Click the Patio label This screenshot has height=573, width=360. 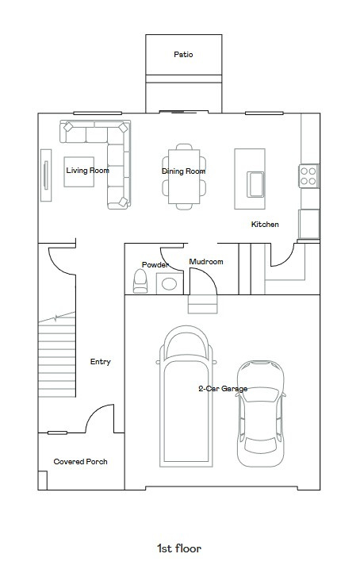click(183, 55)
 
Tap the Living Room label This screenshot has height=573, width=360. click(86, 170)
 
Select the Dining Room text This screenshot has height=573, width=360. click(183, 171)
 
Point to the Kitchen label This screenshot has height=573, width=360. click(265, 225)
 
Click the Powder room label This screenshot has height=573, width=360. click(154, 264)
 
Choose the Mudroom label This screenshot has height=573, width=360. click(205, 262)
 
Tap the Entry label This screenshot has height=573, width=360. click(100, 362)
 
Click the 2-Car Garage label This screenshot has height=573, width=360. click(223, 389)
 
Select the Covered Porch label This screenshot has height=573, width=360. click(80, 462)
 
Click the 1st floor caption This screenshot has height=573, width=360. click(179, 548)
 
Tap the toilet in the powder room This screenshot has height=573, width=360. click(141, 281)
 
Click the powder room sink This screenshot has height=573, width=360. click(168, 282)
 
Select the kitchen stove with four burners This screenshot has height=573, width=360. click(308, 175)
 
